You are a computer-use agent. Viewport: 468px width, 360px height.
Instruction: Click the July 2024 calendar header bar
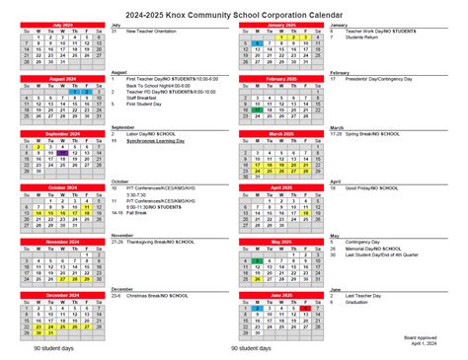click(x=61, y=24)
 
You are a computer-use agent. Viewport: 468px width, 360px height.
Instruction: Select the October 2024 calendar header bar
click(x=61, y=185)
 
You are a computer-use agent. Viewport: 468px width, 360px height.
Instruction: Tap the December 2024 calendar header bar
click(x=61, y=294)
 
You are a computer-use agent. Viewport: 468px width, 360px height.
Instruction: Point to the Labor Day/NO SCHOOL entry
click(x=156, y=133)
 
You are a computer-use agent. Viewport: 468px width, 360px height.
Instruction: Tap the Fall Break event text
click(x=137, y=211)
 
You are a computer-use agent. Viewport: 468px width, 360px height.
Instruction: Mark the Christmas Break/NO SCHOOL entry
click(x=164, y=295)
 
